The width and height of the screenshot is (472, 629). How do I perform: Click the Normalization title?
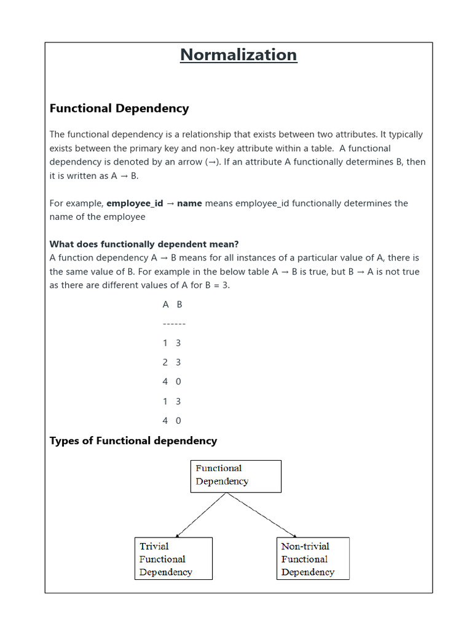point(238,55)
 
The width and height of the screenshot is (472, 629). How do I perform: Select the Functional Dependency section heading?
point(119,109)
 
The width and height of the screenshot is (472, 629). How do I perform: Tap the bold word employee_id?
point(135,203)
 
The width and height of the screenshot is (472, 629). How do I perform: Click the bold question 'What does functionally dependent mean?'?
point(144,244)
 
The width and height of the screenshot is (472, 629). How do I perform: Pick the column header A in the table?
point(165,305)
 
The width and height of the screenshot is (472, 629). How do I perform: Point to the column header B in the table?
point(179,305)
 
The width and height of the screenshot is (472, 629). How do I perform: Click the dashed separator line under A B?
point(174,324)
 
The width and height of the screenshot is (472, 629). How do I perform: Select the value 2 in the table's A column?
point(165,362)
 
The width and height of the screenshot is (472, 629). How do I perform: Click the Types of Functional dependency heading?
point(133,440)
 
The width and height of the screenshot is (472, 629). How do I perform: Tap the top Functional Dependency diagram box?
point(236,476)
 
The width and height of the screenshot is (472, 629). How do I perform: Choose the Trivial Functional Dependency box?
point(173,558)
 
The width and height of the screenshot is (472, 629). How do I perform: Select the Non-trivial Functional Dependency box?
point(313,558)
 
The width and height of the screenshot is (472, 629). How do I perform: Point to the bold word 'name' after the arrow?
point(189,203)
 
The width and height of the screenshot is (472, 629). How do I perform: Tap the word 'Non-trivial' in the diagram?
point(305,546)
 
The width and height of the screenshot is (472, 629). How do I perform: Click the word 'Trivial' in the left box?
point(154,546)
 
